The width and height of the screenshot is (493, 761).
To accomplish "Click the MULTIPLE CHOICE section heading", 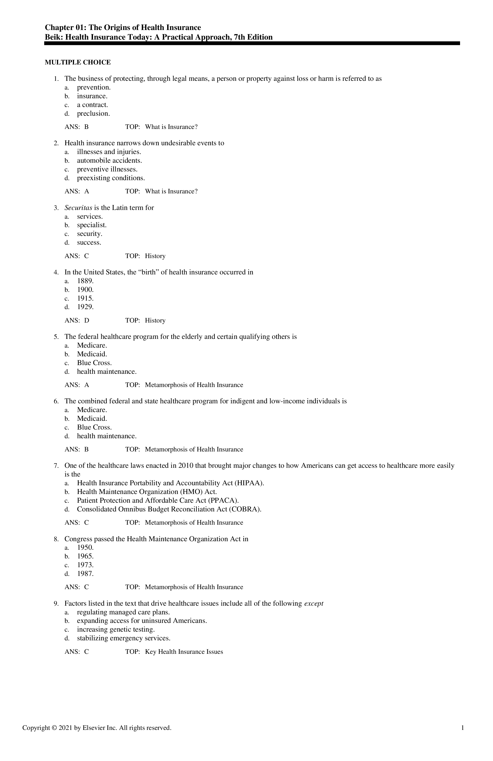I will [x=78, y=62].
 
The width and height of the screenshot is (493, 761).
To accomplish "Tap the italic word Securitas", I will [x=78, y=208].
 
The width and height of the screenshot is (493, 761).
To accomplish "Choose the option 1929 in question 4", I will [x=85, y=307].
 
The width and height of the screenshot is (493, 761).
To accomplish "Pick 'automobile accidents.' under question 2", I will [x=109, y=160].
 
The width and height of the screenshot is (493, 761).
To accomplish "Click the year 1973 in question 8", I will [x=85, y=565].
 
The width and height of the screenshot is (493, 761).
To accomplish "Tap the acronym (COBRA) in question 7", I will [x=245, y=509].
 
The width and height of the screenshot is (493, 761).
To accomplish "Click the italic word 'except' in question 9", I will [x=314, y=604].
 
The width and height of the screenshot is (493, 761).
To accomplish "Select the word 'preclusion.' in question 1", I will [x=93, y=113].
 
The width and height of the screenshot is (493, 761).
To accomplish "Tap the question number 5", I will [x=56, y=337].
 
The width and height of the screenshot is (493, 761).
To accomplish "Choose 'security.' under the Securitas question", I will [x=89, y=234].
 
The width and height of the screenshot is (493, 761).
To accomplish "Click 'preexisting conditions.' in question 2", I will [x=111, y=178].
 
